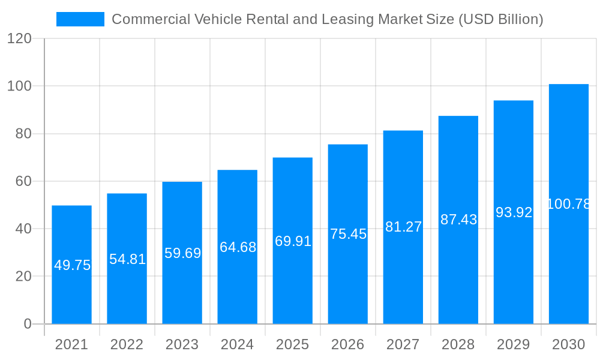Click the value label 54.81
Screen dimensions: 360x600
[x=127, y=259]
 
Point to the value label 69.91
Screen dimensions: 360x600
[x=293, y=241]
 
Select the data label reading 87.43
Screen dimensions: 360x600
[x=458, y=220]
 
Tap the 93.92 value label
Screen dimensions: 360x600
[x=514, y=212]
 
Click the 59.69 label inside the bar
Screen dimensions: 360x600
[x=182, y=253]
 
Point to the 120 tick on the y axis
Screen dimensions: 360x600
[x=19, y=39]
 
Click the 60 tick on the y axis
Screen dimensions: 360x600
[x=23, y=181]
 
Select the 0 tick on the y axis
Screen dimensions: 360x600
[x=27, y=324]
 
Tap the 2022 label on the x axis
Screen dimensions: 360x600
[x=127, y=344]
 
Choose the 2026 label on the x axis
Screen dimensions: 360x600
[x=347, y=344]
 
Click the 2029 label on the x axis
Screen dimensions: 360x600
[x=513, y=344]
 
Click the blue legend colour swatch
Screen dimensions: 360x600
[x=80, y=19]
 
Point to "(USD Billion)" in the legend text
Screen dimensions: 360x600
[x=500, y=19]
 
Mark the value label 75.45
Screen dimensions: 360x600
[x=348, y=234]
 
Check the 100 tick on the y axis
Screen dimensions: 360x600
[x=19, y=86]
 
